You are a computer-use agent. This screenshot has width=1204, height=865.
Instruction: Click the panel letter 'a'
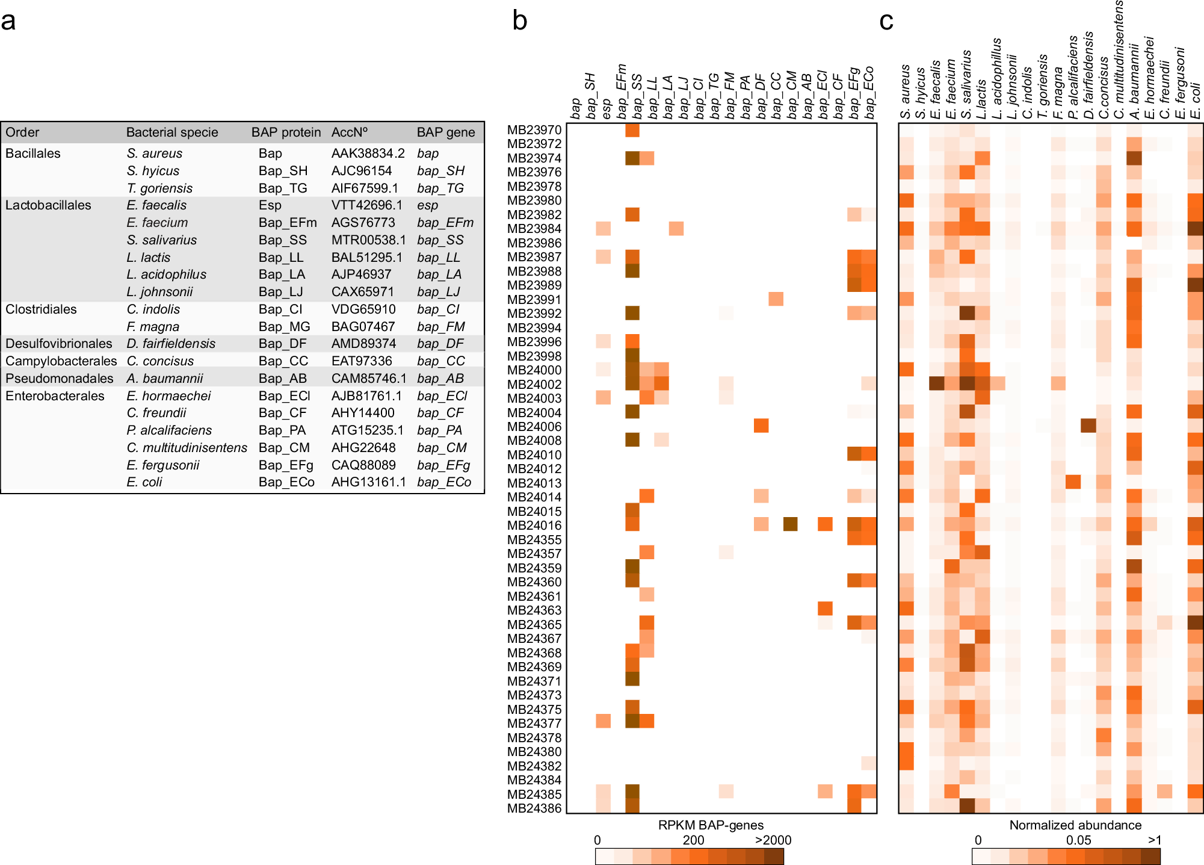(8, 22)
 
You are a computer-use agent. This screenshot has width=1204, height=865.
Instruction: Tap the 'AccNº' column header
(349, 132)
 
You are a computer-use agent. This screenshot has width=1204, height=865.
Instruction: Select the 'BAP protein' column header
(286, 132)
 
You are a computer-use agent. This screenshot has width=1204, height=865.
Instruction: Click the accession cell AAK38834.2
(368, 153)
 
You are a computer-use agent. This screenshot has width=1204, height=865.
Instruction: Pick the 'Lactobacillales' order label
(48, 205)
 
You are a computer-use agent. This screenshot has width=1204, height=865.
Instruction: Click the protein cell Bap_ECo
(286, 482)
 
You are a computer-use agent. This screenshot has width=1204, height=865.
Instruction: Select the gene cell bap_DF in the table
(440, 344)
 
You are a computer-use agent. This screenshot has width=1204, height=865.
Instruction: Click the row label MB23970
(534, 130)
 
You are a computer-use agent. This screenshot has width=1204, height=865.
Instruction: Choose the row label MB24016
(534, 526)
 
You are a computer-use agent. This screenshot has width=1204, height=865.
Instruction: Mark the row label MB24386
(534, 808)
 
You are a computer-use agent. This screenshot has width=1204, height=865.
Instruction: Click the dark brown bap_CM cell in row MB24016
(791, 524)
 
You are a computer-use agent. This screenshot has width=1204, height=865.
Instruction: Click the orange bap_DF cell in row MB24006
(761, 426)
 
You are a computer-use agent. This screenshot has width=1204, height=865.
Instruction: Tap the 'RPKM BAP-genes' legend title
(711, 825)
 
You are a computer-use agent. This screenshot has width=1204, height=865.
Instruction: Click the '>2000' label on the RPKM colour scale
(773, 840)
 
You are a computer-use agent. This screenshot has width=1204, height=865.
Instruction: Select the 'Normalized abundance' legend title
(1075, 825)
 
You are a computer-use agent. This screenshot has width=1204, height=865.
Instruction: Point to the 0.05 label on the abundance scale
(1078, 840)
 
